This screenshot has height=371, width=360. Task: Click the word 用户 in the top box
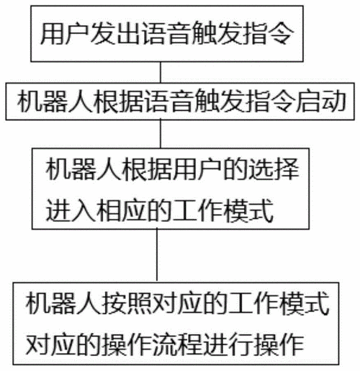pyautogui.click(x=65, y=33)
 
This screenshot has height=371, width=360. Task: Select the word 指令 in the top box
pyautogui.click(x=269, y=33)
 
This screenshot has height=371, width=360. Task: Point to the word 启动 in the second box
pyautogui.click(x=321, y=101)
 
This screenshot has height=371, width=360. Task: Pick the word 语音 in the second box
pyautogui.click(x=169, y=101)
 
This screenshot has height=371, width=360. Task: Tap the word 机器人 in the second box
pyautogui.click(x=55, y=101)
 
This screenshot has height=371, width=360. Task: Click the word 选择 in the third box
pyautogui.click(x=274, y=169)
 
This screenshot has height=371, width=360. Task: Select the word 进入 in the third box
pyautogui.click(x=71, y=210)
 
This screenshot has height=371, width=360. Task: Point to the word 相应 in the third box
pyautogui.click(x=121, y=210)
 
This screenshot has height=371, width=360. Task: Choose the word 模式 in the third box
pyautogui.click(x=248, y=210)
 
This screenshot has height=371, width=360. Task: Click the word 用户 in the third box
pyautogui.click(x=198, y=169)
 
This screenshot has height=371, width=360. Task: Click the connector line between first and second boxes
pyautogui.click(x=161, y=72)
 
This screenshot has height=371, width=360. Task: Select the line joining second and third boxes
pyautogui.click(x=161, y=134)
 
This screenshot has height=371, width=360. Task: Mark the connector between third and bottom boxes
pyautogui.click(x=157, y=256)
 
